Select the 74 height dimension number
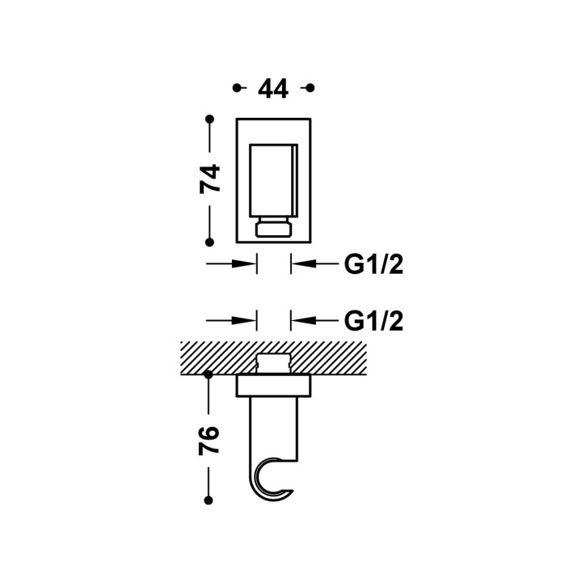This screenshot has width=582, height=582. coord(209,179)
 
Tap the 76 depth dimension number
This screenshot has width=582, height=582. coord(209,441)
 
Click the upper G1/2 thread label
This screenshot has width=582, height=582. coord(373,264)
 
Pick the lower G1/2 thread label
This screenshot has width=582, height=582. coord(373,321)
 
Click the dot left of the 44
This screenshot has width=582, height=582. coord(237,88)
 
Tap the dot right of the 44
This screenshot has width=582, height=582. coord(310,88)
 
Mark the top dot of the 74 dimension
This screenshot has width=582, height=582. coord(209,119)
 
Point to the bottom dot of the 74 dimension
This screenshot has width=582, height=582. coord(209,242)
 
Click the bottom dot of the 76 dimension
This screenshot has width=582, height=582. coord(209,500)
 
